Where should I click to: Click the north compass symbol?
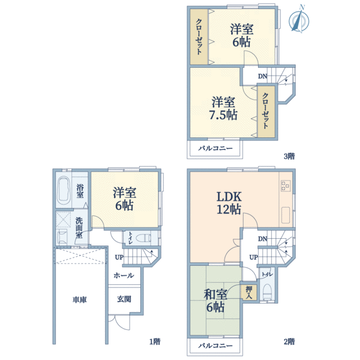point(299,20)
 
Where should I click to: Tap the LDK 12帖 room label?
point(229,203)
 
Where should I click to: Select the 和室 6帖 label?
point(215,301)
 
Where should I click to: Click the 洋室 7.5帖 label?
point(223,109)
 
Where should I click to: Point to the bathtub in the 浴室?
point(64,190)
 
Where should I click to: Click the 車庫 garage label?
point(79,299)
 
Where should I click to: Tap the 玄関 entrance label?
point(124,299)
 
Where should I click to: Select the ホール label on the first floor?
point(124,275)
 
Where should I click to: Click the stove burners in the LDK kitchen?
point(286,185)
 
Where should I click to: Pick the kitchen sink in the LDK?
point(286,215)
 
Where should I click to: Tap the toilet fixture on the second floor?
point(267,292)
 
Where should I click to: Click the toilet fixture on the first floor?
point(143,238)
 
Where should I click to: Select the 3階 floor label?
point(289,156)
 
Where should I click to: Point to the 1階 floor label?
point(155,341)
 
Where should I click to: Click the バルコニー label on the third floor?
point(215,148)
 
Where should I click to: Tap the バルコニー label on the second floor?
point(215,346)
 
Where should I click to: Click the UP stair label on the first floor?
point(119,257)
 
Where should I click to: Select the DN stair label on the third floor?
point(262,76)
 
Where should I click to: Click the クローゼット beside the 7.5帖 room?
point(266,112)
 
